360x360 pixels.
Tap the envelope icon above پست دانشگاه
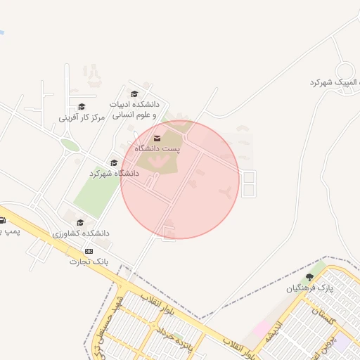point(157,138)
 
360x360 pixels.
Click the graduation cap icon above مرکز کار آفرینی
point(82,107)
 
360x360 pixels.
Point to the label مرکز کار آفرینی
point(82,117)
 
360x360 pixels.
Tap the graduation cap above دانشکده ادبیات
point(134,94)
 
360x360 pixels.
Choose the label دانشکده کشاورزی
point(81,233)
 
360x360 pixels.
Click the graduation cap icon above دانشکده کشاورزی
point(80,222)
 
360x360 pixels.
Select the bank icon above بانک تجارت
point(89,251)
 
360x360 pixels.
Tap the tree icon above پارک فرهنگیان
point(309,277)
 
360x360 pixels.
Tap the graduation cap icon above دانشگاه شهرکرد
point(113,163)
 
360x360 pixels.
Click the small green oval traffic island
point(70,145)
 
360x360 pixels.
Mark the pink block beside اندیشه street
point(262,328)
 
